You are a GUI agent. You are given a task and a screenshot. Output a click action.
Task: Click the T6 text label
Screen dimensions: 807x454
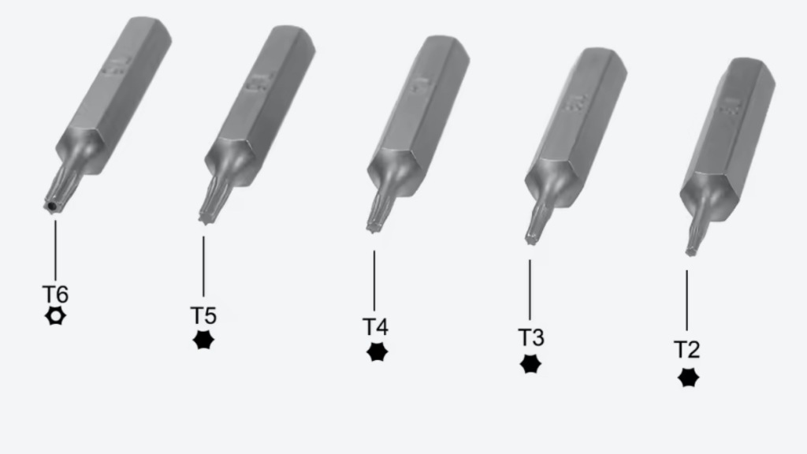click(x=55, y=295)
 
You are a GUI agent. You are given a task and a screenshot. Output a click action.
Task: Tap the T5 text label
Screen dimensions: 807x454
click(x=203, y=315)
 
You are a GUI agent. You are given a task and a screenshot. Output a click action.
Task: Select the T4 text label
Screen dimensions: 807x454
click(x=375, y=327)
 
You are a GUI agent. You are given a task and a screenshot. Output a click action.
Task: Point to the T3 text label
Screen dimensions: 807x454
click(x=530, y=337)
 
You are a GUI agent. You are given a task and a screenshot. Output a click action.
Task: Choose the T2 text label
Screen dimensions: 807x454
click(x=687, y=349)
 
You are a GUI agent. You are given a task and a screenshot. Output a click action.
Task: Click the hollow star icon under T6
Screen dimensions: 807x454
click(x=55, y=315)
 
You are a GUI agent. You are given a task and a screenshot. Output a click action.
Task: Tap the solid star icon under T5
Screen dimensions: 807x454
click(x=203, y=340)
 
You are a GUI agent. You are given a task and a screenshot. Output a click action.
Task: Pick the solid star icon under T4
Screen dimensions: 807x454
click(x=377, y=352)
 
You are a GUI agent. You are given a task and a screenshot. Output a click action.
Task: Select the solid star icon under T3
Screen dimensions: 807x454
click(x=530, y=364)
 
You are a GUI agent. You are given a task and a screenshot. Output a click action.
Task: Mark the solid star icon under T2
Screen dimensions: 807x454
click(x=688, y=378)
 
